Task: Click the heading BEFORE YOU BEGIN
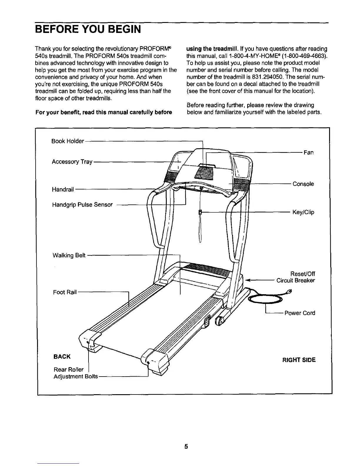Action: point(88,29)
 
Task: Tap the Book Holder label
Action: point(68,141)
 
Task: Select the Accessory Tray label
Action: point(72,162)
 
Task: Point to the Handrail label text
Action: point(63,189)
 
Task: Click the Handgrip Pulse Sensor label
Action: point(82,205)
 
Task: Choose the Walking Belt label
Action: point(69,255)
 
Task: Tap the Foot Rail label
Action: point(65,292)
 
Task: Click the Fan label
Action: point(309,152)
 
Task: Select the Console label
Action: point(303,184)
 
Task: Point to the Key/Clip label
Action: point(303,212)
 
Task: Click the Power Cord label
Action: point(300,313)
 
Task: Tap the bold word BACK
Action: point(62,357)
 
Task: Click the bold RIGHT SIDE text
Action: point(299,360)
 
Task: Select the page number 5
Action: point(186,447)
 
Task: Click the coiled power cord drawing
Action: point(265,299)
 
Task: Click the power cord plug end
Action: point(289,292)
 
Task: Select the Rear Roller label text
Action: point(69,370)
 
